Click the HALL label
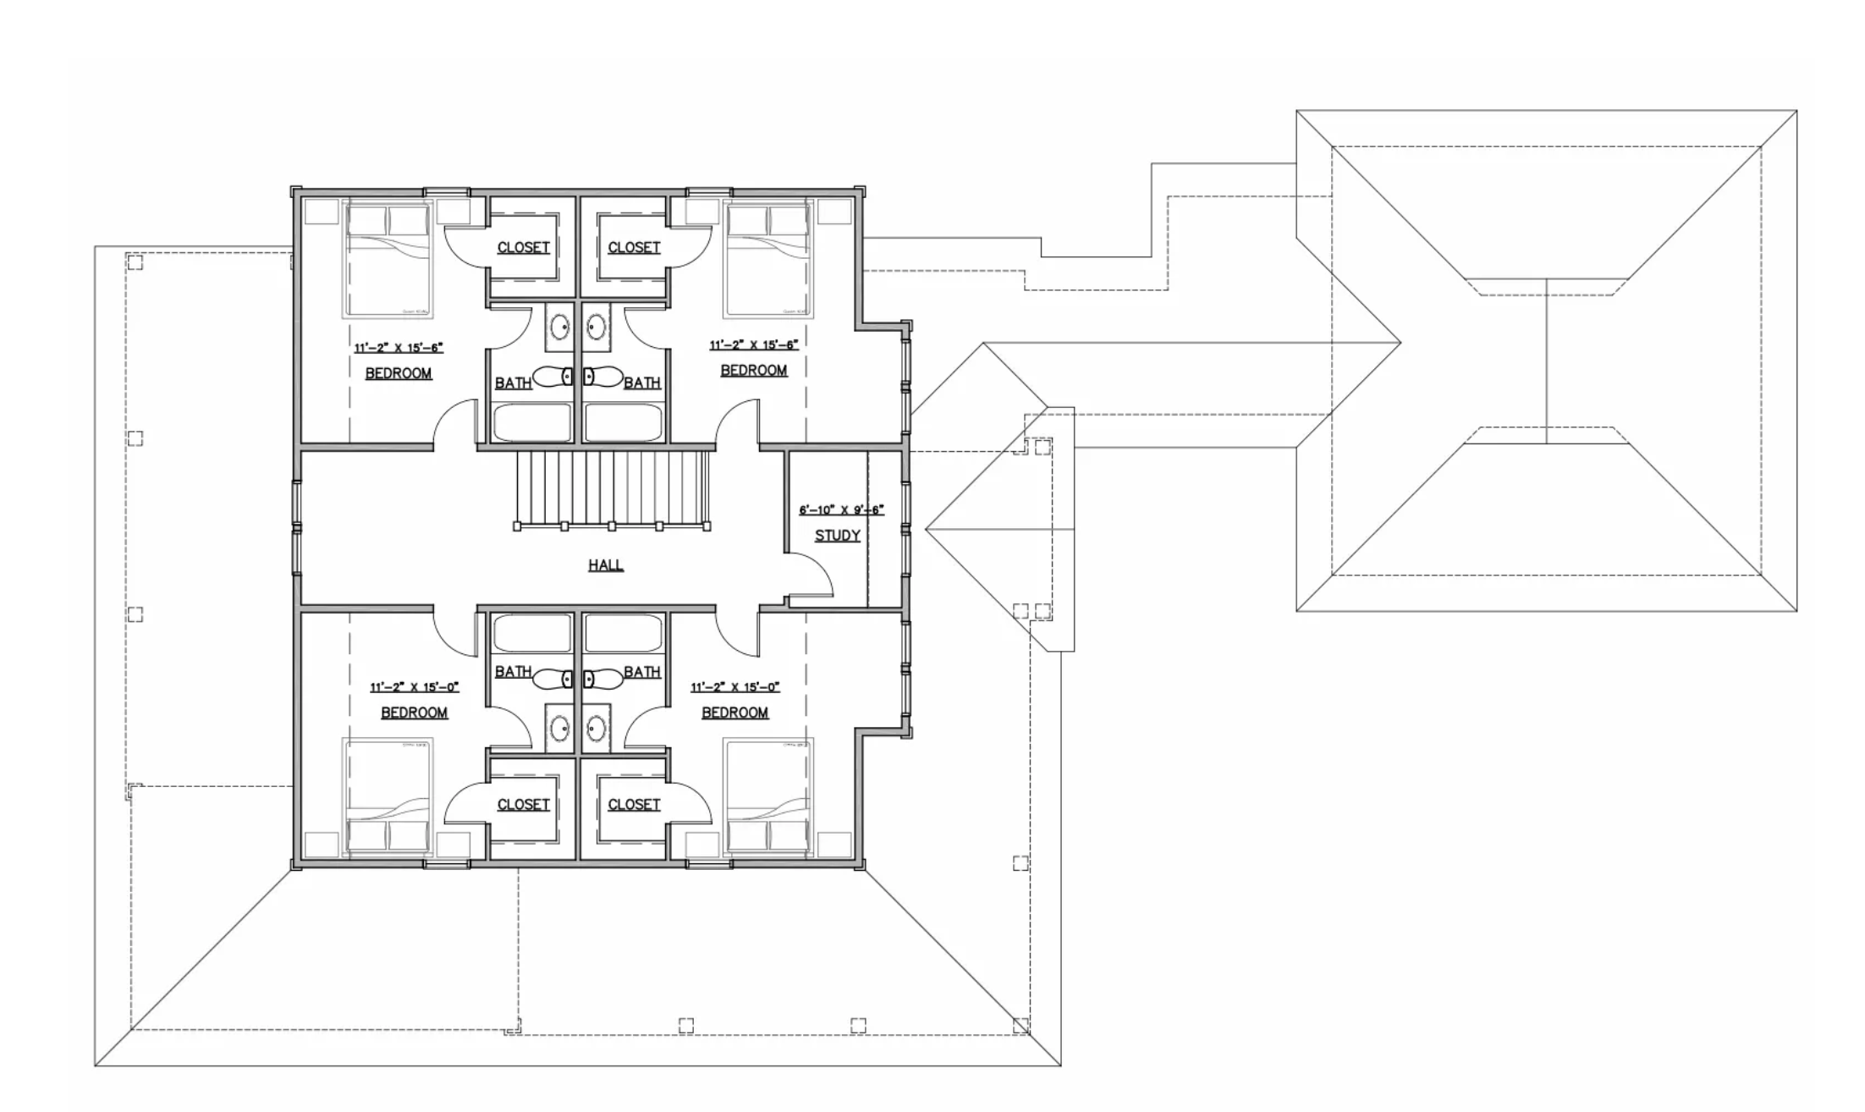pos(606,564)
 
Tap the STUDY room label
pos(837,535)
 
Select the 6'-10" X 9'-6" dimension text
pos(841,510)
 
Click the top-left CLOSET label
pos(523,247)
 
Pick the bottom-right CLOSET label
pos(634,804)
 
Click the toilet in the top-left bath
pos(554,377)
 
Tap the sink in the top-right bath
pos(597,326)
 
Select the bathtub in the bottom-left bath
pos(532,632)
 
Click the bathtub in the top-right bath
pos(624,422)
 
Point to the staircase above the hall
pos(611,488)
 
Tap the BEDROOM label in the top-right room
pos(753,370)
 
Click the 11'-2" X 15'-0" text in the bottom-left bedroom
pos(414,687)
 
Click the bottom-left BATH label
pos(513,671)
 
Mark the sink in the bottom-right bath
pos(597,727)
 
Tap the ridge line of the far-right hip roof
pos(1547,360)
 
